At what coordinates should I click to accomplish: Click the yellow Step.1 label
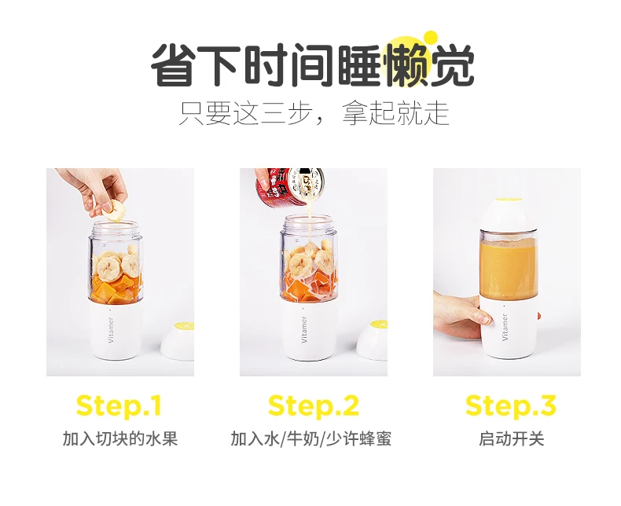point(119,405)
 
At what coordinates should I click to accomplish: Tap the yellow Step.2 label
point(314,405)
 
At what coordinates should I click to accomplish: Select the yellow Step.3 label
point(510,405)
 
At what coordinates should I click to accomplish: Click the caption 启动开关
point(511,438)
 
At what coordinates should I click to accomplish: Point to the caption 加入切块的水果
point(120,438)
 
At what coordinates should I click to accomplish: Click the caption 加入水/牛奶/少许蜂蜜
point(311,438)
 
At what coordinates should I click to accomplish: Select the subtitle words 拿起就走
point(395,113)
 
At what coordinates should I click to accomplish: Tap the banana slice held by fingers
point(113,211)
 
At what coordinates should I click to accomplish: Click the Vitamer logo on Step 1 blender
point(111,329)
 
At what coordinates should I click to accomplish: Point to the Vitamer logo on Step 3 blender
point(505,327)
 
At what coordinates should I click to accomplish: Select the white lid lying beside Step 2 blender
point(373,340)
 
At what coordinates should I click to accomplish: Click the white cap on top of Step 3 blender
point(509,214)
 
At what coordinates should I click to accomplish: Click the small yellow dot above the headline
point(430,38)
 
